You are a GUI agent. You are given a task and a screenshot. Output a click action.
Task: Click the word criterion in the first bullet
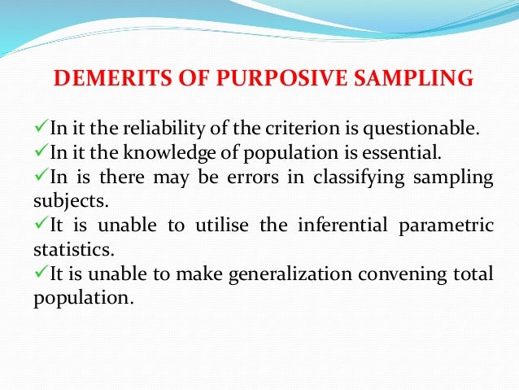304,128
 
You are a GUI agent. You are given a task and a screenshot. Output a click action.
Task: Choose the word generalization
278,274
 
